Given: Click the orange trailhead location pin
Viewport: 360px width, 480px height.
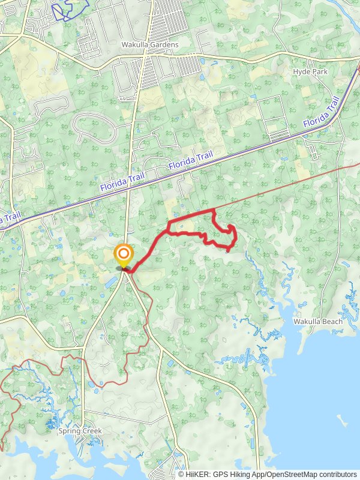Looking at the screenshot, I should click(124, 255).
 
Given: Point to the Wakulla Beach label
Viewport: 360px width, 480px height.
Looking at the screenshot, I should click(318, 322).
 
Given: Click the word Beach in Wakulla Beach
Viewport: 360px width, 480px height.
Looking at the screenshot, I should click(332, 322).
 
